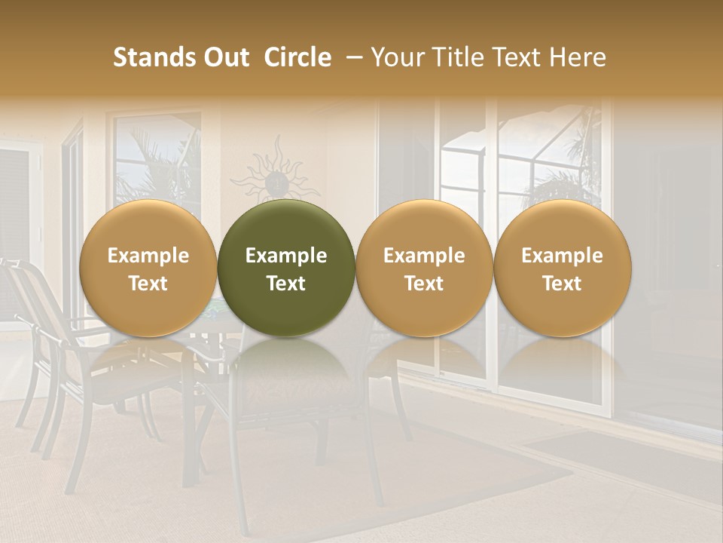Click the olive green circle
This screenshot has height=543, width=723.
286,268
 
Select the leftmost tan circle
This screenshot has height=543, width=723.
148,268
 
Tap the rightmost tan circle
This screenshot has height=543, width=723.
562,268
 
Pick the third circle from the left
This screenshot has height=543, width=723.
424,268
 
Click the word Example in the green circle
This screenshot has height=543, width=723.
286,256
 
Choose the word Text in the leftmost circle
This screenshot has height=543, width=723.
148,284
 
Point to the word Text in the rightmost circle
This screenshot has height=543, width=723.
562,284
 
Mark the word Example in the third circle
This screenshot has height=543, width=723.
424,256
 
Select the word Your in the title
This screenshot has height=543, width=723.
394,57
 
